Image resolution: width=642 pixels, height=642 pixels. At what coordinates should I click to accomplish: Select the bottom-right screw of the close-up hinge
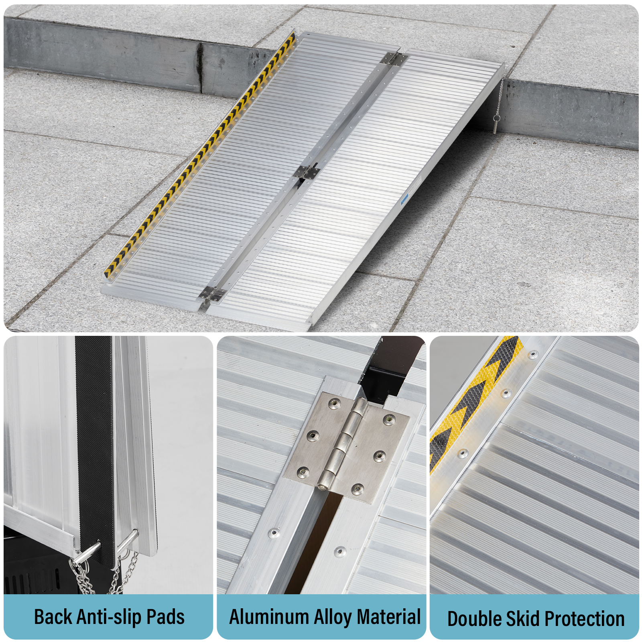[357, 489]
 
